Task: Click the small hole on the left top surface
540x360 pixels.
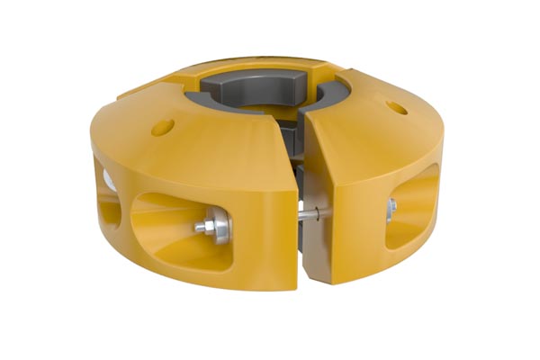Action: pos(163,127)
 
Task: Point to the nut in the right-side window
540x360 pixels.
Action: pos(391,210)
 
